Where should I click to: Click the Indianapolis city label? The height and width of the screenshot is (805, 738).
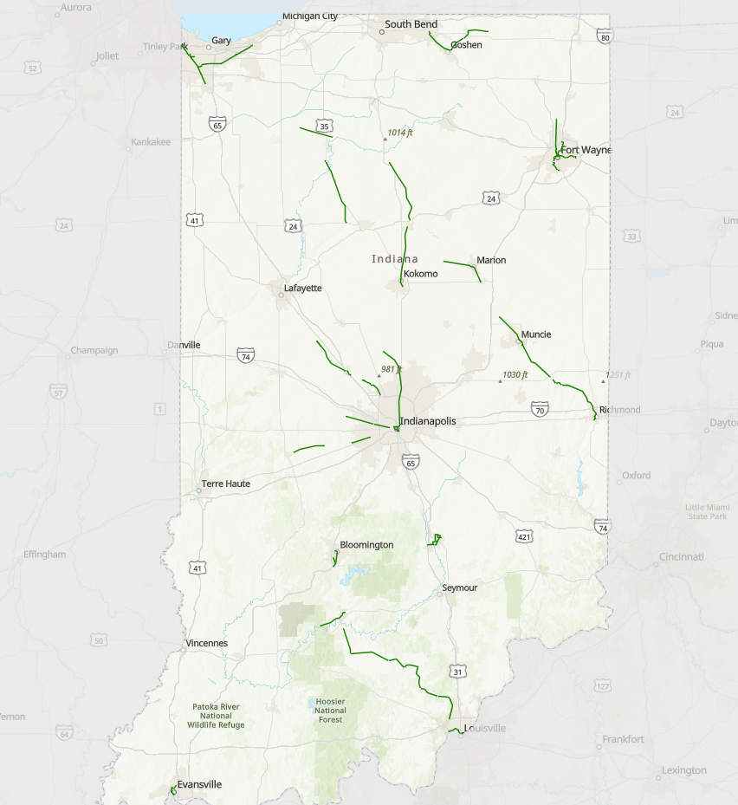(x=427, y=421)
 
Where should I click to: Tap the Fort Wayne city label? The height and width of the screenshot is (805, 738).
(x=586, y=150)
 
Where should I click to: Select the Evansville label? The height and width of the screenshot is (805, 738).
(x=199, y=784)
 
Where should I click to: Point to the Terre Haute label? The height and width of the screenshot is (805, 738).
(x=225, y=484)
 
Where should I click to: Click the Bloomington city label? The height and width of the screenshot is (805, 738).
(x=366, y=545)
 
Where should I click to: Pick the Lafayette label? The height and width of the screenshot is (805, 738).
(x=302, y=288)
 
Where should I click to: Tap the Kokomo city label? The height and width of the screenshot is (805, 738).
(x=421, y=274)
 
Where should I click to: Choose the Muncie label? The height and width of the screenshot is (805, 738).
(x=536, y=334)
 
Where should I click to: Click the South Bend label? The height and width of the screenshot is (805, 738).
(x=411, y=24)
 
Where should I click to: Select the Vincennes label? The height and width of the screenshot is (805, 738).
(x=206, y=644)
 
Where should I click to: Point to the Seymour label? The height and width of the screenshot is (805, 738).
(x=459, y=588)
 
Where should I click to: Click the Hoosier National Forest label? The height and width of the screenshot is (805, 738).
(x=330, y=711)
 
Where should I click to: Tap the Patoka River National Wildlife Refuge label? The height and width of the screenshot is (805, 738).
(x=216, y=716)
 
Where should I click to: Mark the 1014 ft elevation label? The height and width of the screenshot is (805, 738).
(x=400, y=133)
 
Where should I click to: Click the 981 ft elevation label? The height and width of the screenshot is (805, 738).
(x=392, y=369)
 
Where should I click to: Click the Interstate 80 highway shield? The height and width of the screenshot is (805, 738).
(x=605, y=37)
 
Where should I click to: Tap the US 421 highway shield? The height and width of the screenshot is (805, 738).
(x=524, y=537)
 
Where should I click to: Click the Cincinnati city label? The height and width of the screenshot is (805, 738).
(x=680, y=556)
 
